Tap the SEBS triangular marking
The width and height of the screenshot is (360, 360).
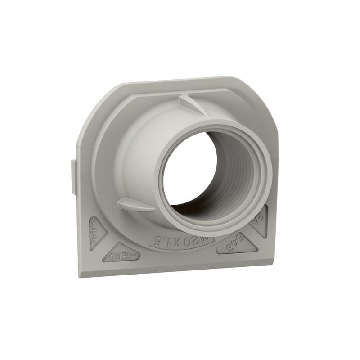(121, 255)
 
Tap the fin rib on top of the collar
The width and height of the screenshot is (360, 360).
(191, 104)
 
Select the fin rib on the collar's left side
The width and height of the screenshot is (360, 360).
(135, 205)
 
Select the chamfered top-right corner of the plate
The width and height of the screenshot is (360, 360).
(265, 101)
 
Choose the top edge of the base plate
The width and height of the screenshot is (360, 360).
(180, 81)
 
